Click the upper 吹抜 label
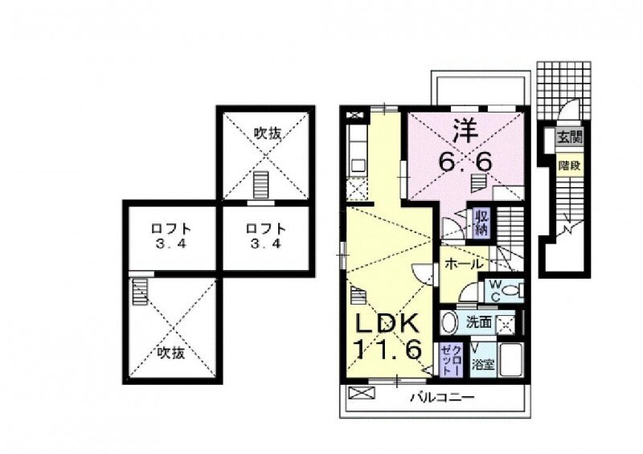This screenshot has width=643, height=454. [x=267, y=133]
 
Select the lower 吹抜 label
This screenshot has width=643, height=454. [x=170, y=352]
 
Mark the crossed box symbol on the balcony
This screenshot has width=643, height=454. [x=363, y=393]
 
